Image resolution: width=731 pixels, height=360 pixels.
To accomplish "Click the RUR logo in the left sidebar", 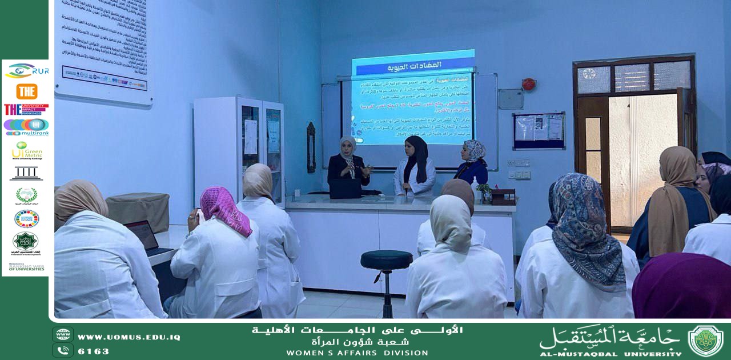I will pos(26,71).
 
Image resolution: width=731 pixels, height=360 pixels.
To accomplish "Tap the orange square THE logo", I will pos(26,91).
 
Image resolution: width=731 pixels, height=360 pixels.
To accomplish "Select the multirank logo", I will pos(26,126).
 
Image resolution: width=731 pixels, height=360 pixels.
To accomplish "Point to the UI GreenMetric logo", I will pos(26,151).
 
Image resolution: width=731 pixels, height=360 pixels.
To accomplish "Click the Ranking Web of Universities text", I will pos(26,267).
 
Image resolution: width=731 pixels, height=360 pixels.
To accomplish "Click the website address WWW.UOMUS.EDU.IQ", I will pos(128,337).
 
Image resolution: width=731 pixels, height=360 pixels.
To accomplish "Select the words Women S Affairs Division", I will pos(357,353).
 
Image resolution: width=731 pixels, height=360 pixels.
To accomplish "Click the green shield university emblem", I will pos(705,341).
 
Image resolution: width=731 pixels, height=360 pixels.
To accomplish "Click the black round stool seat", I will pos(386,259).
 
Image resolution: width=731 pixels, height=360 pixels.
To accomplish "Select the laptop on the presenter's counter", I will pos(346,188).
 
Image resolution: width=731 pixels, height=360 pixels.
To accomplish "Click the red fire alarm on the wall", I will pos(529,84).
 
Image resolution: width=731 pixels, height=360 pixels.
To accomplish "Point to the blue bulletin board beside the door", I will pos(539,130).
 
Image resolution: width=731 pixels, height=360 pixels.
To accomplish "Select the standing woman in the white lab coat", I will pos(415,167).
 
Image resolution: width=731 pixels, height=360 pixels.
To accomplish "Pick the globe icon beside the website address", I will pos(62,335).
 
